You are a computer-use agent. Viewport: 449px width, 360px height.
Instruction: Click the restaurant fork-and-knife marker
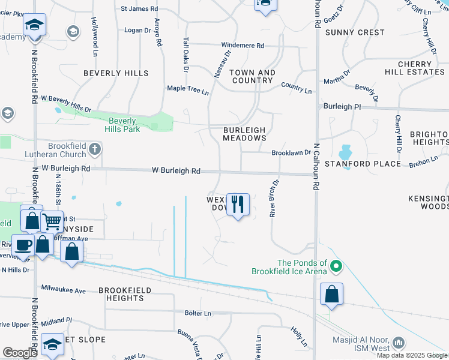tap(238, 205)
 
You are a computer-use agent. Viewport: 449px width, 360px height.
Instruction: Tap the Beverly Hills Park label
tap(118, 125)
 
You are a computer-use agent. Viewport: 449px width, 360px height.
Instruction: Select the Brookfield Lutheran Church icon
tap(94, 148)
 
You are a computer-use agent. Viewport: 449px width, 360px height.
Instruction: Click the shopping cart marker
tap(52, 222)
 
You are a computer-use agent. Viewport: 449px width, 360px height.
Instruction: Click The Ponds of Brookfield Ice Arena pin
tap(336, 265)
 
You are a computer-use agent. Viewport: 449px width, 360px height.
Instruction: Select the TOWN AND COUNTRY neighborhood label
tap(253, 76)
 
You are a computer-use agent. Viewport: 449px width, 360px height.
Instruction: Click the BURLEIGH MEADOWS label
tap(244, 133)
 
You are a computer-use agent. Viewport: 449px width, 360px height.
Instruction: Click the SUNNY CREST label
tap(355, 32)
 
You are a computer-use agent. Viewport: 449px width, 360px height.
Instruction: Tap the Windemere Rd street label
tap(243, 46)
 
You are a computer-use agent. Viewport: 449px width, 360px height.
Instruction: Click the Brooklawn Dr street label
tap(291, 153)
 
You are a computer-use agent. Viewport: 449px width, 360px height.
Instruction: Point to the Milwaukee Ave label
tap(63, 290)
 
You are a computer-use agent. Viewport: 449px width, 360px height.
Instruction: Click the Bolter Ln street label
tap(198, 313)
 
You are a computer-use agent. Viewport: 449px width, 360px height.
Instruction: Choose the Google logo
tap(20, 353)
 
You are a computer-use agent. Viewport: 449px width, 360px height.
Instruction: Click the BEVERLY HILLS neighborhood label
tap(116, 73)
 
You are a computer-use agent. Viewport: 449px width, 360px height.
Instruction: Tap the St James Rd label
tap(139, 9)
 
